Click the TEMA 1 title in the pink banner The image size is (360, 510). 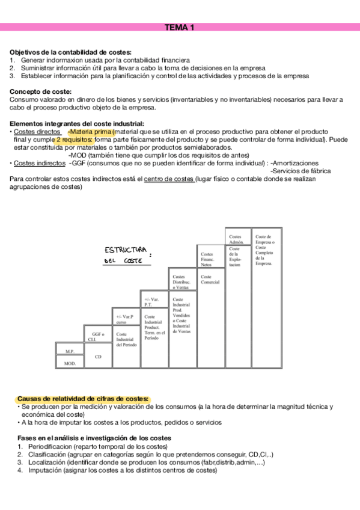[x=179, y=27]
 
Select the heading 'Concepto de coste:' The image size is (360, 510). [x=39, y=91]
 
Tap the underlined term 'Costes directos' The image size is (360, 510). [x=37, y=131]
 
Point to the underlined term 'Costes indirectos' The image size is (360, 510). [x=39, y=162]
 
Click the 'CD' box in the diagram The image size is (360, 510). [x=98, y=357]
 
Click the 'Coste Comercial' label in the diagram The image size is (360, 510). [x=211, y=279]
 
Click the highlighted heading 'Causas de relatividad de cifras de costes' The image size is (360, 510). [x=82, y=398]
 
